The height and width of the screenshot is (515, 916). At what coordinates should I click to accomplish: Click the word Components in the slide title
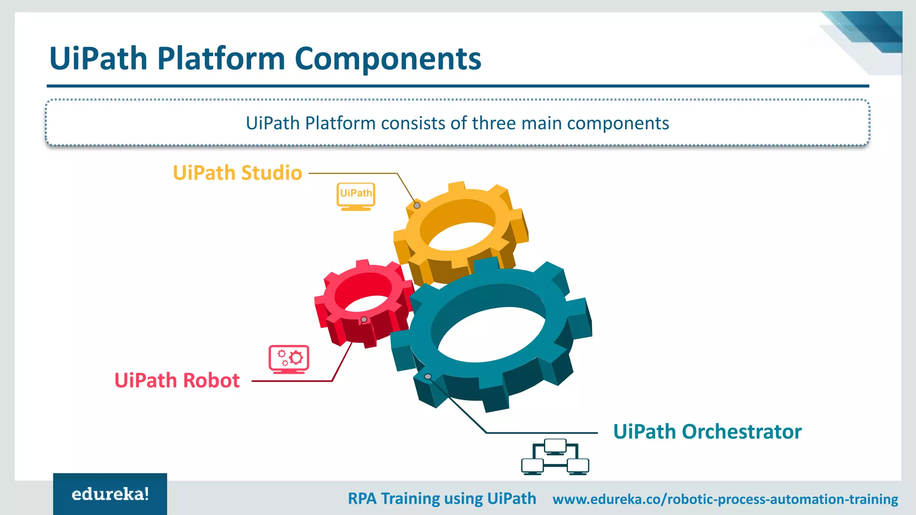388,59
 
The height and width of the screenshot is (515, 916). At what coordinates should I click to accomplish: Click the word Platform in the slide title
221,59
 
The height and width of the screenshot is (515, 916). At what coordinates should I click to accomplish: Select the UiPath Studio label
237,173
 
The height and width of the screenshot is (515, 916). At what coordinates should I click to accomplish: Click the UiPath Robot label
177,380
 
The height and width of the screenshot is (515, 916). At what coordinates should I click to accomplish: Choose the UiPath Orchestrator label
707,432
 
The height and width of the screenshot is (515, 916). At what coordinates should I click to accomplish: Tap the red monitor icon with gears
289,359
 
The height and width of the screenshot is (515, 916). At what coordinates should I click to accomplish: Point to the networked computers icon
555,457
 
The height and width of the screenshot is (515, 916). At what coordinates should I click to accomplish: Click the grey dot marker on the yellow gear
417,206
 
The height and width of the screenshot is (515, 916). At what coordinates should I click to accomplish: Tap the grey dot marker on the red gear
364,320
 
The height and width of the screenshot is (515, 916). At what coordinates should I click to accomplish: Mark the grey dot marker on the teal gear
428,377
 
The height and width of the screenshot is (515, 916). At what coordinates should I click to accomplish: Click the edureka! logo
110,494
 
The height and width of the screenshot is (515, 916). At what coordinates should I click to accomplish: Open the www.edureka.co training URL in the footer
725,499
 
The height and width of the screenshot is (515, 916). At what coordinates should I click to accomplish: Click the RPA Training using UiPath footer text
442,498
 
